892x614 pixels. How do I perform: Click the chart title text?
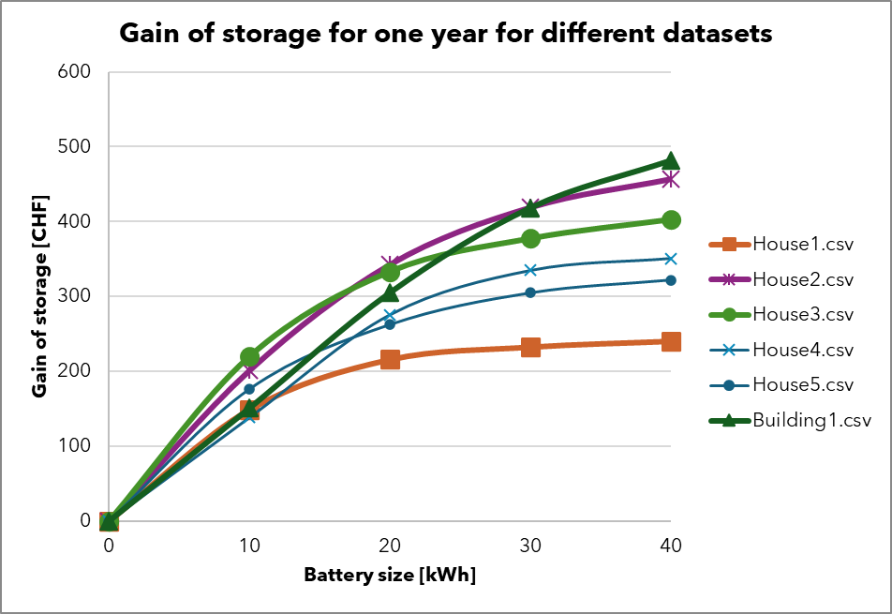(x=446, y=34)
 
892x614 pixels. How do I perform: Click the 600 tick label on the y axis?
(x=74, y=72)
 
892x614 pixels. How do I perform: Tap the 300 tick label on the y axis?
(x=74, y=296)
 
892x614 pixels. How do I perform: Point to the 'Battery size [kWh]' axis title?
(x=390, y=575)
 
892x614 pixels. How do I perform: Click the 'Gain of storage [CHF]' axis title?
(x=39, y=296)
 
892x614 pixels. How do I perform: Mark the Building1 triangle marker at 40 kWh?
(x=671, y=161)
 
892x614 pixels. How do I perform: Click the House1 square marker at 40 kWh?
(x=671, y=341)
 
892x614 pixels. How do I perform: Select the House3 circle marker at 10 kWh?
(x=249, y=356)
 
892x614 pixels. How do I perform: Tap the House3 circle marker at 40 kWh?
(x=671, y=219)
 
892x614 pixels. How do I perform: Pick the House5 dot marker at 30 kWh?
(x=530, y=292)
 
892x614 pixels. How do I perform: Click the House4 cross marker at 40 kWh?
(x=671, y=259)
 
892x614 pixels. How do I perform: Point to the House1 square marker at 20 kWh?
(x=390, y=359)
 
